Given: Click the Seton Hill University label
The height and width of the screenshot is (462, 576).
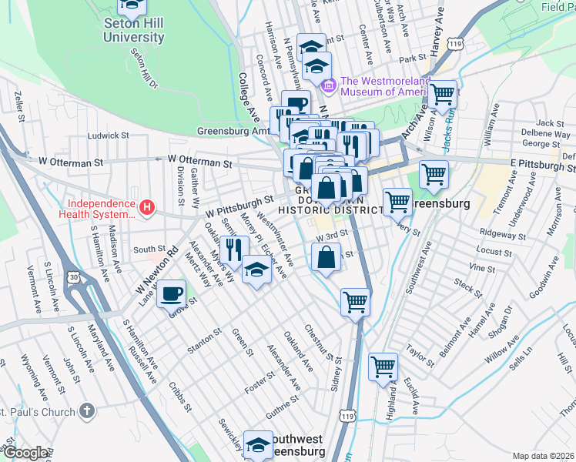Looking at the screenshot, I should (133, 28).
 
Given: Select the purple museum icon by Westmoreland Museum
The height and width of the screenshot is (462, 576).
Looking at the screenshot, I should (330, 85).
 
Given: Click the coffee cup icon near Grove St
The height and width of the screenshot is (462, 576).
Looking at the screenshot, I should (172, 293).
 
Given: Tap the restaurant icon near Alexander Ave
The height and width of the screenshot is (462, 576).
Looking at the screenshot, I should (234, 249).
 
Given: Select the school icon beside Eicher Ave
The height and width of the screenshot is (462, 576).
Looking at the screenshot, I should (256, 269).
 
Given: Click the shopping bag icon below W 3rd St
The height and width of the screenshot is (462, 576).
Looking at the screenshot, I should (327, 257).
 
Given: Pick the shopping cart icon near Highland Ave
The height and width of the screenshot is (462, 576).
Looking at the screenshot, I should (383, 367).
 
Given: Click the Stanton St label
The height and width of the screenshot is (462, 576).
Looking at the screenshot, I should (205, 341).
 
